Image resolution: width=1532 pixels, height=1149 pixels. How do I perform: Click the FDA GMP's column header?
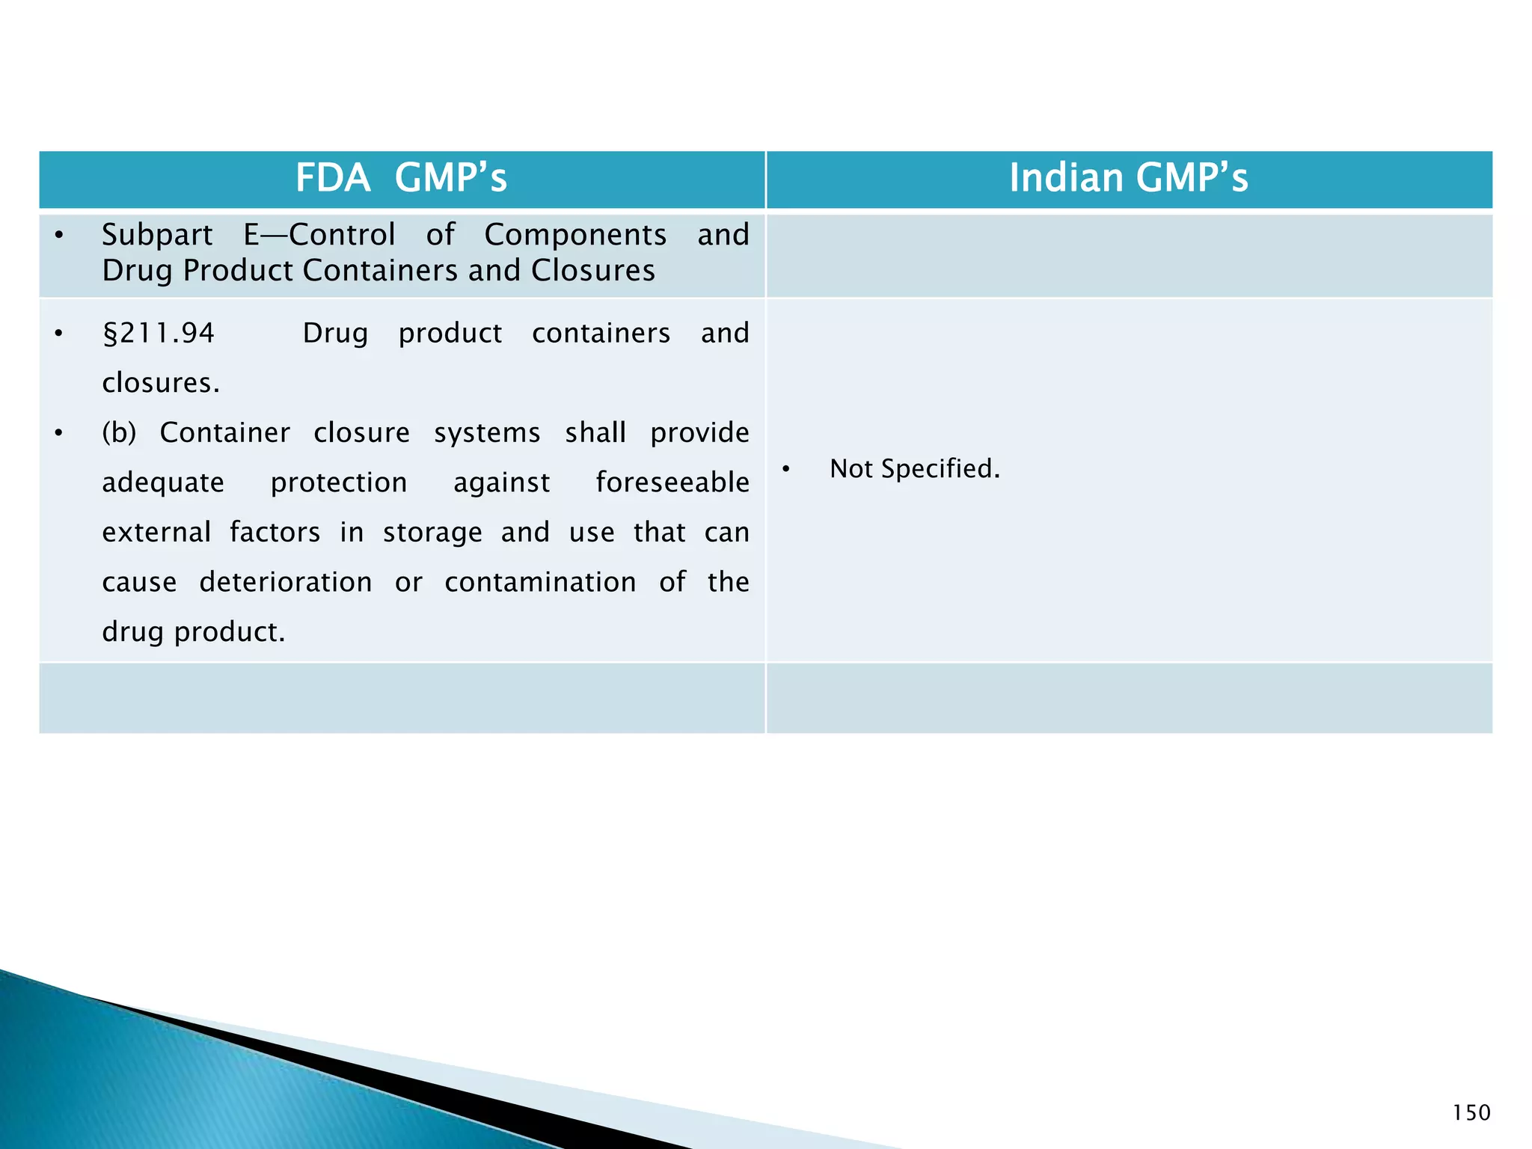[402, 178]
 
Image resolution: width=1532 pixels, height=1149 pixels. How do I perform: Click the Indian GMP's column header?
[1128, 178]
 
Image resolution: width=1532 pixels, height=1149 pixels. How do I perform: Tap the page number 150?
[1471, 1113]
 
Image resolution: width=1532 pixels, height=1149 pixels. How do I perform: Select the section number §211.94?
[159, 333]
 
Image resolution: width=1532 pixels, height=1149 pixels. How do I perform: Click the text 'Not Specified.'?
[914, 469]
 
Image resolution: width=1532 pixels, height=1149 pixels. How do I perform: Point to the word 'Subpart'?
[157, 235]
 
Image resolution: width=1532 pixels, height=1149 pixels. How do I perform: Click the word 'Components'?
[575, 235]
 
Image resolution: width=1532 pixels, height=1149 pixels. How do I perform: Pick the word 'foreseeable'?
[672, 482]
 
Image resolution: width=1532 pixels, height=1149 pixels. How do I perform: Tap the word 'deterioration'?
[286, 582]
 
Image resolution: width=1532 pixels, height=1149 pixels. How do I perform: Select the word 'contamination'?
[540, 582]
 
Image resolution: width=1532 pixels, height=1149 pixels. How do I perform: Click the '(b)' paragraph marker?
[119, 433]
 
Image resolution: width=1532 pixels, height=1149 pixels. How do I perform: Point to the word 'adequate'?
[163, 482]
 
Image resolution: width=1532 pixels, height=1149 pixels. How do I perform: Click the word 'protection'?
[339, 482]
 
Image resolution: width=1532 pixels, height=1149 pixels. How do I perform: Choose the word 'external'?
[156, 532]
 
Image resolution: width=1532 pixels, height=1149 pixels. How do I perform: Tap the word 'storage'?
[432, 533]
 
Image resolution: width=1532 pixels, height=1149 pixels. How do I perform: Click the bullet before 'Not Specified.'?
[786, 470]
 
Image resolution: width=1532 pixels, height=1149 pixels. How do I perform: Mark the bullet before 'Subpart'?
[59, 236]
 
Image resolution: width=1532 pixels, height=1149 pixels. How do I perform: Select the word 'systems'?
[487, 433]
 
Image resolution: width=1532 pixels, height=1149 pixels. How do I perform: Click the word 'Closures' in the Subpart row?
[592, 271]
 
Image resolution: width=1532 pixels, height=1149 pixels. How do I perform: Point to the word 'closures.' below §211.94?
[161, 383]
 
